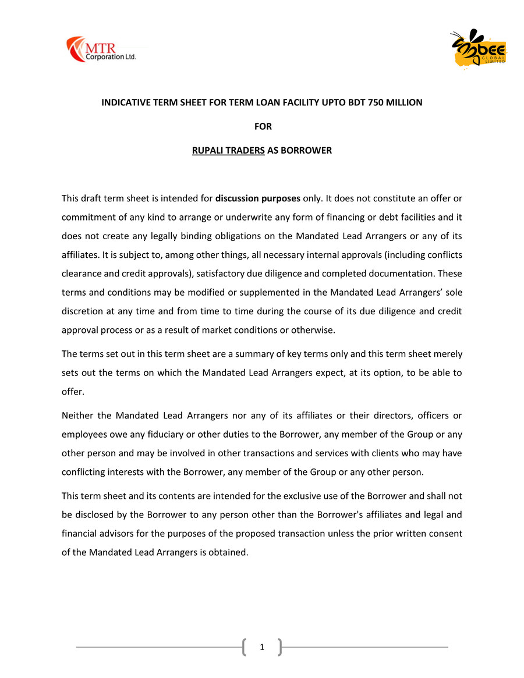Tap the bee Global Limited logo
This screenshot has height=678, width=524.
tap(478, 49)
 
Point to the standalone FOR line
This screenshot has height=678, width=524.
tap(262, 126)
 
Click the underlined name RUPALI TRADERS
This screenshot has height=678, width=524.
tap(228, 151)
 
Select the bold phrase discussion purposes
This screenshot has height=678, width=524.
tap(258, 198)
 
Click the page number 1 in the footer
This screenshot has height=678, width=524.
tap(262, 647)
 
